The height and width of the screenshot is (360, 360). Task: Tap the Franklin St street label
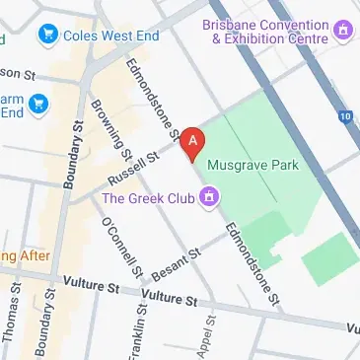tap(140, 330)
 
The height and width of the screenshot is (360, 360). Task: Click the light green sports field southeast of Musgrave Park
tap(330, 259)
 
